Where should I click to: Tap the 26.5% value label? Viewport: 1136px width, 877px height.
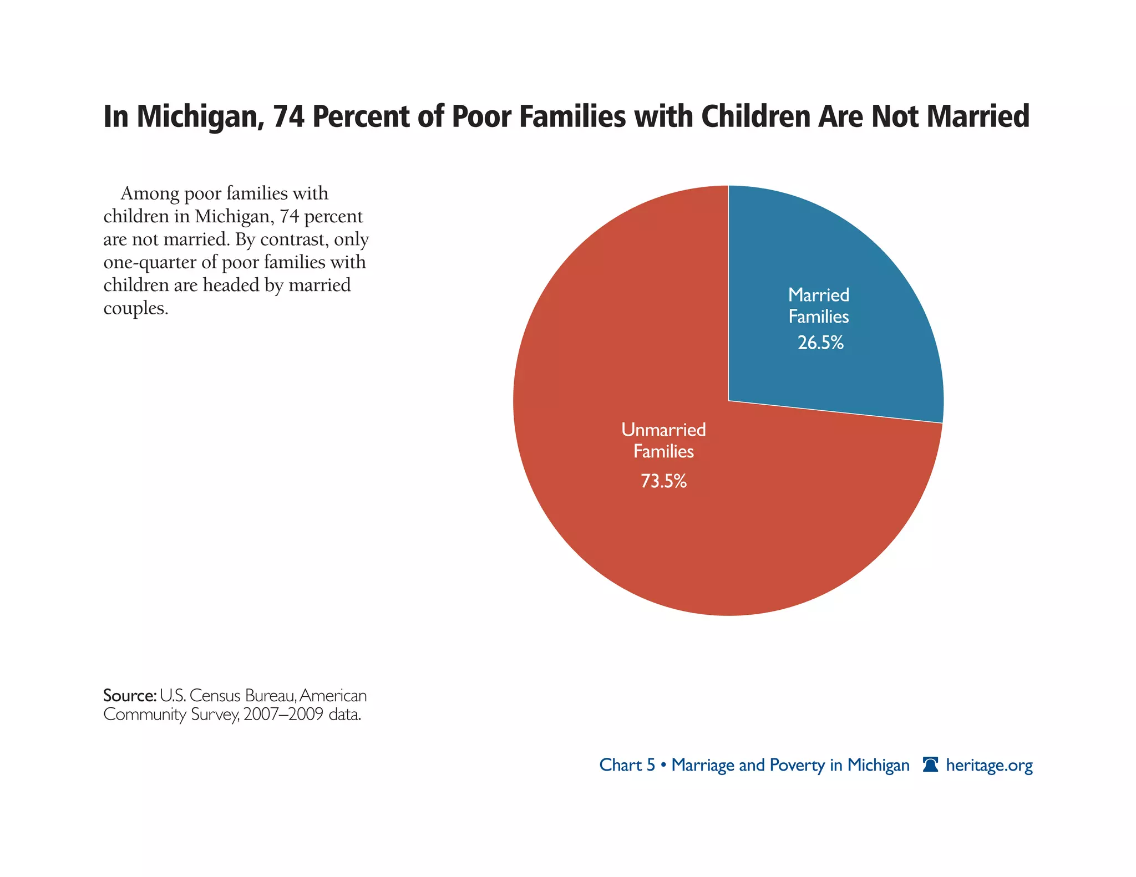[x=820, y=343]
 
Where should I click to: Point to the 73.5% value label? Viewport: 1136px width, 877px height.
[x=663, y=481]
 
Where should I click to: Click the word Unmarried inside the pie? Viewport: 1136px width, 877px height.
[x=663, y=430]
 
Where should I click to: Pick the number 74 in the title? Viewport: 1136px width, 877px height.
[x=288, y=118]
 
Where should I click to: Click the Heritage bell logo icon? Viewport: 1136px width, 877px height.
[x=930, y=765]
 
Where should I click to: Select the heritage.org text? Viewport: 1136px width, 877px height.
[x=989, y=766]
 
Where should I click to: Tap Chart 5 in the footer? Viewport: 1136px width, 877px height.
[x=627, y=765]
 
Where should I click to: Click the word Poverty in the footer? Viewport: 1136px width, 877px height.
[x=797, y=766]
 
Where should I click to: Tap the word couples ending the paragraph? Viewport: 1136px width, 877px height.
[x=135, y=308]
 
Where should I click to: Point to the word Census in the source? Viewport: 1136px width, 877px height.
[x=215, y=696]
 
